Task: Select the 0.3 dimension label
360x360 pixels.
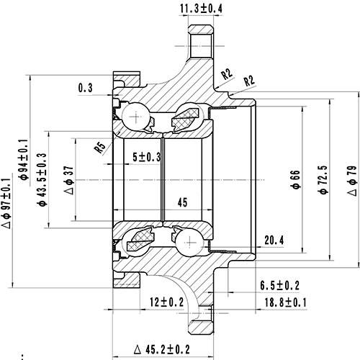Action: click(86, 89)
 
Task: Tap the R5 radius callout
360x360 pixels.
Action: click(100, 148)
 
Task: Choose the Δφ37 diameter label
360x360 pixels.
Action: click(68, 179)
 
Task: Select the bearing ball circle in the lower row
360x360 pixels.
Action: click(189, 242)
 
